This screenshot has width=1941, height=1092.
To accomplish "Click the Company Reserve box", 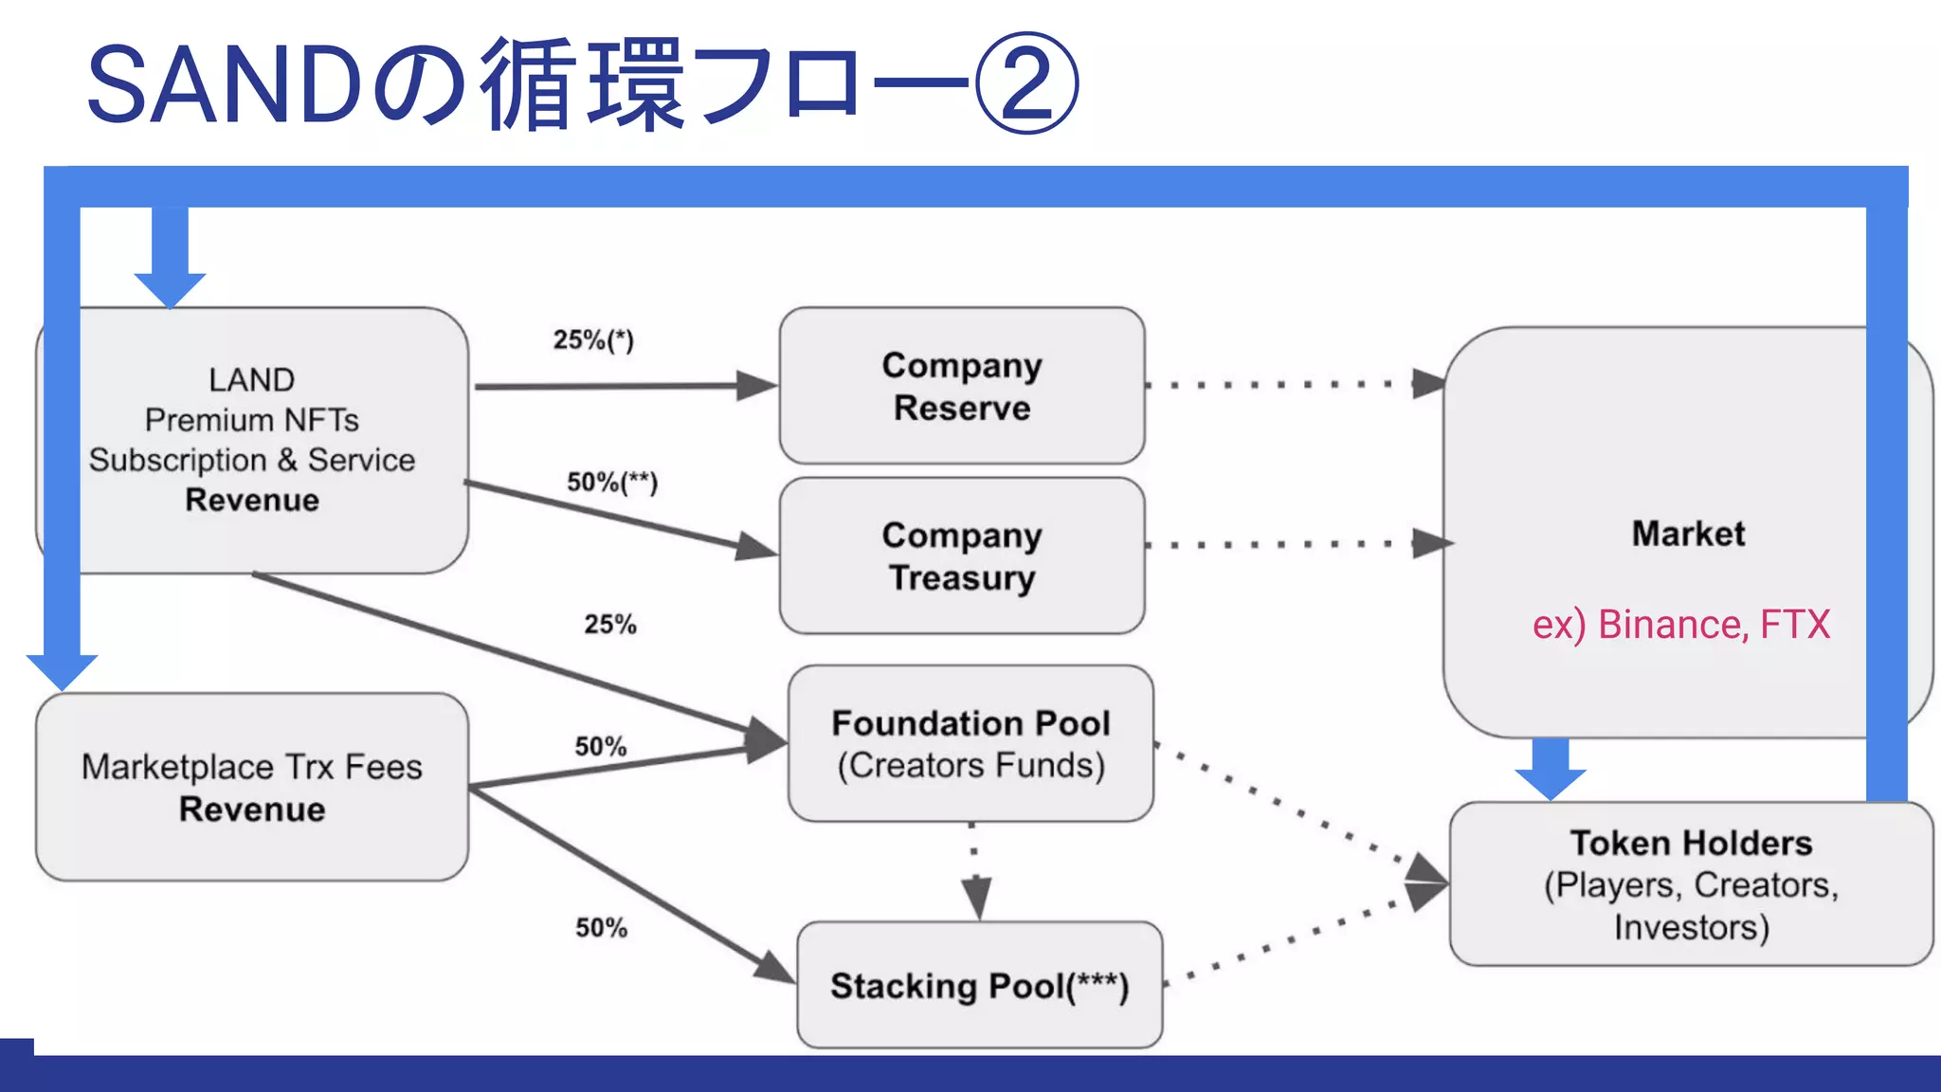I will click(961, 386).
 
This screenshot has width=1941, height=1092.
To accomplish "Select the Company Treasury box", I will click(961, 555).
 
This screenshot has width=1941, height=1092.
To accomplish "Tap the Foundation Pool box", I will click(970, 743).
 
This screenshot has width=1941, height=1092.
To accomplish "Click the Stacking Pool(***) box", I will click(979, 985).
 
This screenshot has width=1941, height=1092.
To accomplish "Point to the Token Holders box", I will click(1691, 883).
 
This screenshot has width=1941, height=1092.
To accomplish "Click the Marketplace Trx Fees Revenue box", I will click(251, 787).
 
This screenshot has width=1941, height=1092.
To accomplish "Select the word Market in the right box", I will click(1687, 534).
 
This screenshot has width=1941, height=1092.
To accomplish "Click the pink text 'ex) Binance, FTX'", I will click(1680, 625).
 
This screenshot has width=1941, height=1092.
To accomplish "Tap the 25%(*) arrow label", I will click(593, 339).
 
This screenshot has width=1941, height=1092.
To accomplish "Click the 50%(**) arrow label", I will click(611, 482).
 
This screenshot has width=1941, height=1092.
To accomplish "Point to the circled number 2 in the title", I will click(1026, 83).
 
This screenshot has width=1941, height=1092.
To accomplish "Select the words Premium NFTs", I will click(251, 419).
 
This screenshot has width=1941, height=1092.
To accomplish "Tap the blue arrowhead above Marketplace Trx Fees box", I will click(62, 670).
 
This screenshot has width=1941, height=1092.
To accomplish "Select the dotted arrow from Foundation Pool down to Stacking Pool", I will click(974, 870).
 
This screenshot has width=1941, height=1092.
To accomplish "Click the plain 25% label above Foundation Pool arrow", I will click(609, 624).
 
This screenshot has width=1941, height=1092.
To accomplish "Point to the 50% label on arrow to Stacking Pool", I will click(601, 927).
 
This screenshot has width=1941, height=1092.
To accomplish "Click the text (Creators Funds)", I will click(970, 765).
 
